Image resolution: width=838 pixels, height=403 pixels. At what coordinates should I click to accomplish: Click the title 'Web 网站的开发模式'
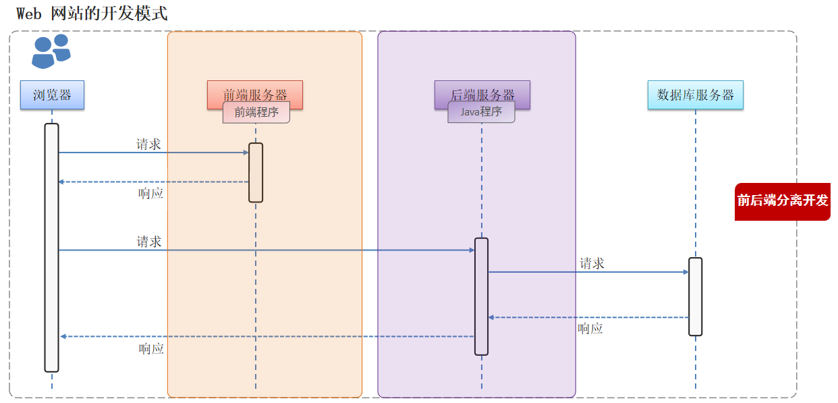click(x=92, y=13)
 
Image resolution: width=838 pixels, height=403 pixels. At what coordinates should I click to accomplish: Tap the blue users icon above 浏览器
click(x=51, y=51)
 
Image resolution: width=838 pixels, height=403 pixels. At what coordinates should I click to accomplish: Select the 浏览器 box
click(x=52, y=95)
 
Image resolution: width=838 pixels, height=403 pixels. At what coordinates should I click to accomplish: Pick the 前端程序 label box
click(x=256, y=113)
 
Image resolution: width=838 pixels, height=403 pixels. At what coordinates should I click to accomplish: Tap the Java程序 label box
click(x=481, y=113)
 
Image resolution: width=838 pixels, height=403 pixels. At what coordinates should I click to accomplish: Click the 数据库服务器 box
click(x=695, y=95)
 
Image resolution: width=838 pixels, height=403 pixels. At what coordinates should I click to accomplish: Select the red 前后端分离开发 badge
click(x=782, y=201)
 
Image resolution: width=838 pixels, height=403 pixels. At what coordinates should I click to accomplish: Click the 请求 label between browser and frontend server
click(x=148, y=144)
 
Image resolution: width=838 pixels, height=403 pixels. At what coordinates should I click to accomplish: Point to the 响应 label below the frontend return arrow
click(x=151, y=194)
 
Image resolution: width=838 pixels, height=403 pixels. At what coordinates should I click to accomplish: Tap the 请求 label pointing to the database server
click(x=592, y=263)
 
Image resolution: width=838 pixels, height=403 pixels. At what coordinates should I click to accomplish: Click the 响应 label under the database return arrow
click(x=590, y=329)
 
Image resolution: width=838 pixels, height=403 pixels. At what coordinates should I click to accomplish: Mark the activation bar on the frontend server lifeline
click(x=256, y=172)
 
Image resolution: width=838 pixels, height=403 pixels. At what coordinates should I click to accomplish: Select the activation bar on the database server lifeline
click(x=695, y=296)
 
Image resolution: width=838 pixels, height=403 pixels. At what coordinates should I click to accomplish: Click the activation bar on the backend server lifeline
click(x=481, y=296)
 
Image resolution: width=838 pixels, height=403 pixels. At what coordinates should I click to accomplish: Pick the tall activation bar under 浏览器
click(x=52, y=247)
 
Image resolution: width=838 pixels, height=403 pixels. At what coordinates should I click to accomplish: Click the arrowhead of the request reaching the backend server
click(x=472, y=250)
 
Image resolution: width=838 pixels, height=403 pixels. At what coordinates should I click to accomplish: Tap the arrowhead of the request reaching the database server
click(x=686, y=272)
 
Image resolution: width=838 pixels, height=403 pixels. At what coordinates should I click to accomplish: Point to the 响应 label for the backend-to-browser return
click(x=151, y=349)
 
